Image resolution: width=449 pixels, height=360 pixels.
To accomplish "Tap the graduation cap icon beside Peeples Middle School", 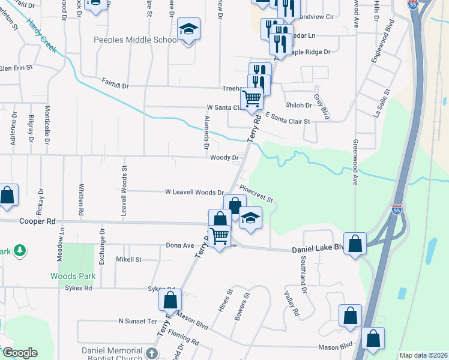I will (188, 30).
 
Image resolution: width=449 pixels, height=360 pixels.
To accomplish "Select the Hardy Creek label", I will (41, 35).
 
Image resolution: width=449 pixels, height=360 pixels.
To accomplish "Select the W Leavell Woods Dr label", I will (194, 192).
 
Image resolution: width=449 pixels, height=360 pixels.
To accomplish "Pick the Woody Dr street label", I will (224, 158).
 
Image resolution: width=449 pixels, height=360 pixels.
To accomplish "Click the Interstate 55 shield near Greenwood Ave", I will (396, 209).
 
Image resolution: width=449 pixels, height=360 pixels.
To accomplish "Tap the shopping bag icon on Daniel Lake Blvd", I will (355, 244).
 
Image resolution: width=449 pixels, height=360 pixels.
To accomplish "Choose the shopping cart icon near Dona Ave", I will (220, 236).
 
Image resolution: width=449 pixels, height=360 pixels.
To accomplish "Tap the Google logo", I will (20, 353).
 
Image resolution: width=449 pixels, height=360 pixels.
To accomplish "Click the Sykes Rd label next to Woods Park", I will (79, 288).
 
